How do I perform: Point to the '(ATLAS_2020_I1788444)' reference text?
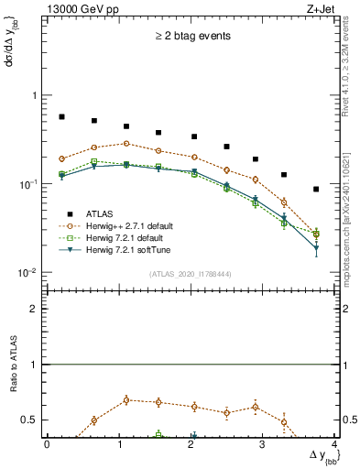click(189, 273)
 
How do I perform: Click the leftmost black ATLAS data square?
click(61, 117)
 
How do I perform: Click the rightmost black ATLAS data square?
click(316, 190)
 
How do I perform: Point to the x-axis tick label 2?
click(191, 444)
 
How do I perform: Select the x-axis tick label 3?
click(263, 444)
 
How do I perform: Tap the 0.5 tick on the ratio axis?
click(31, 420)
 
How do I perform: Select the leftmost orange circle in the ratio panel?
click(93, 420)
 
